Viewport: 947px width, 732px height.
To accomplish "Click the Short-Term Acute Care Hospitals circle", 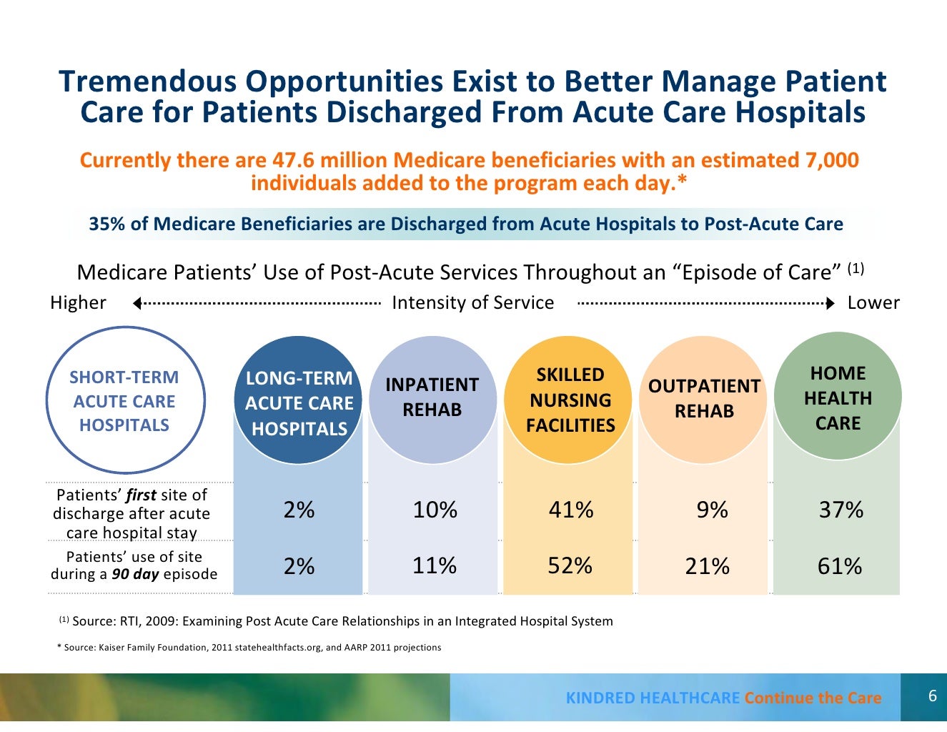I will click(125, 400).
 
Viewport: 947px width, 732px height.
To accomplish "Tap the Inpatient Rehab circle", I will click(432, 399).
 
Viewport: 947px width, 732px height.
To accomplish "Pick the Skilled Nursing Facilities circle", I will click(570, 400).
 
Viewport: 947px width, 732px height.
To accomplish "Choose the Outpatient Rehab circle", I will click(704, 399).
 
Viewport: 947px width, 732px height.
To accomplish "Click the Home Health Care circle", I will click(838, 397).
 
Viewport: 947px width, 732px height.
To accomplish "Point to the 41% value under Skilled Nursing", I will click(570, 510).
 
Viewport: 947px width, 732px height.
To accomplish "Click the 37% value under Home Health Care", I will click(841, 510).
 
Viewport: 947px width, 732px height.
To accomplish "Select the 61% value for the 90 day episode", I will click(840, 566).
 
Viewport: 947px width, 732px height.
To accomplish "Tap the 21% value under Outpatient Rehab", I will click(707, 566).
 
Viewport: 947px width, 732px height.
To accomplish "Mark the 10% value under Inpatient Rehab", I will click(435, 510).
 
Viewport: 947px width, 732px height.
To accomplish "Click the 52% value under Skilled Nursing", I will click(570, 565).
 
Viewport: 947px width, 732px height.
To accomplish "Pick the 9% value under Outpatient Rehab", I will click(712, 510).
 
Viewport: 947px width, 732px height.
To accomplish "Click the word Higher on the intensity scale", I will click(78, 303).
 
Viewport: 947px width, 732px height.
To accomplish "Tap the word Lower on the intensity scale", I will click(873, 303).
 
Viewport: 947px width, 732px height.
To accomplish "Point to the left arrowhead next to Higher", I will click(137, 304).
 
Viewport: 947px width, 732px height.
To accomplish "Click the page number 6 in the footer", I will click(932, 696).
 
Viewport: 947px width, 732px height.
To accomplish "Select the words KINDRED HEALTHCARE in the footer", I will click(653, 698).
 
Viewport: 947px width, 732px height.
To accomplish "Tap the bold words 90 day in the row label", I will click(135, 574).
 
